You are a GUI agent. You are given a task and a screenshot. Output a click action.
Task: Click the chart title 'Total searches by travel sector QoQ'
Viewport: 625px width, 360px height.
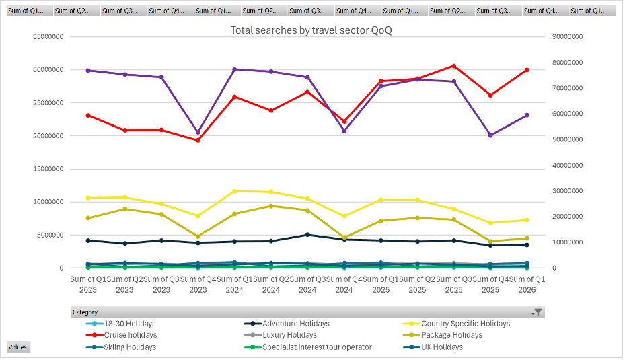click(x=311, y=30)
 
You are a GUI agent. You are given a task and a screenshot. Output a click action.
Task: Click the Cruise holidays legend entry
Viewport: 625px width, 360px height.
click(x=130, y=335)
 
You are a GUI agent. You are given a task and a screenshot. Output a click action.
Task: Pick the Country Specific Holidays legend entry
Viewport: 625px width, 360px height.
click(x=466, y=324)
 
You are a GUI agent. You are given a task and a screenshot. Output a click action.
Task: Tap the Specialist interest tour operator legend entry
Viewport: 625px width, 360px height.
click(x=317, y=347)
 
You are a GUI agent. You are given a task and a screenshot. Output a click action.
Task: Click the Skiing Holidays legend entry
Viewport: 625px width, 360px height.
click(x=130, y=347)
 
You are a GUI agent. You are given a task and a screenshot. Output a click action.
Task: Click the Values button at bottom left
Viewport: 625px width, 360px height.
click(x=17, y=347)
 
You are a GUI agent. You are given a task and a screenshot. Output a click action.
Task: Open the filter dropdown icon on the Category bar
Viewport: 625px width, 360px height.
click(x=537, y=312)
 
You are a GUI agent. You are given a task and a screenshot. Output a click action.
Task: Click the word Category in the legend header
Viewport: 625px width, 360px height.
click(x=85, y=312)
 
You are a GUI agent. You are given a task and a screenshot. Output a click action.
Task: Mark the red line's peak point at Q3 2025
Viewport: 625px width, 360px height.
click(x=453, y=66)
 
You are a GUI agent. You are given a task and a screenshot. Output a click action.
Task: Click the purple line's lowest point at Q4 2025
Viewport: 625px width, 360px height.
click(x=490, y=135)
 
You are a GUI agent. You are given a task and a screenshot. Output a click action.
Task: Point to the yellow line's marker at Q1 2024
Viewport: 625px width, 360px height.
click(x=234, y=191)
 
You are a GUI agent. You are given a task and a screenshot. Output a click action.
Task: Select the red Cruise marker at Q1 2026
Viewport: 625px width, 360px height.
click(x=527, y=70)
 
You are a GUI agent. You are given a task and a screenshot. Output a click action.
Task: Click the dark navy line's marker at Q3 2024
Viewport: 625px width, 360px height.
click(x=307, y=235)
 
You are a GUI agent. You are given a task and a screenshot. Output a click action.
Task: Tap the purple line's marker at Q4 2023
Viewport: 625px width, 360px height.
click(x=198, y=133)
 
